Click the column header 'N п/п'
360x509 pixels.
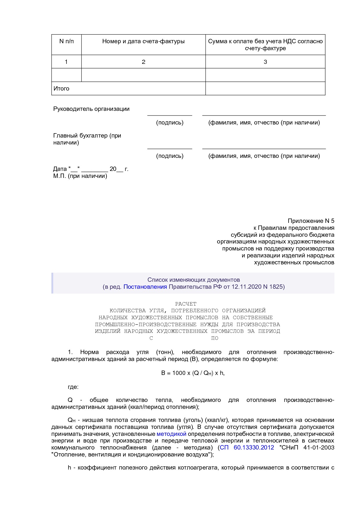point(66,41)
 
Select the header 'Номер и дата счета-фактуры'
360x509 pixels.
point(143,41)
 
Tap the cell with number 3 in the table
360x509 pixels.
point(265,62)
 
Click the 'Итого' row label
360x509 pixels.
point(61,89)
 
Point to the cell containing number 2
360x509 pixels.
point(143,62)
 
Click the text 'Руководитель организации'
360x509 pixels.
point(91,109)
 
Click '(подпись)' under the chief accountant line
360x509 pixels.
point(170,156)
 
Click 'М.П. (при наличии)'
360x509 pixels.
point(80,176)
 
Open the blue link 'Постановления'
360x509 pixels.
point(145,287)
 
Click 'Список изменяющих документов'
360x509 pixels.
point(193,280)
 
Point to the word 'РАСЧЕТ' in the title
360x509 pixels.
point(186,304)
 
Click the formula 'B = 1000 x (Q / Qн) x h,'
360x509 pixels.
point(193,373)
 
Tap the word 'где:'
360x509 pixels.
point(73,387)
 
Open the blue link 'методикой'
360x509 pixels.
point(171,434)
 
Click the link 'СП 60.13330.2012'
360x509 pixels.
point(247,447)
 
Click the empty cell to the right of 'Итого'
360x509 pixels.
point(265,89)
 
